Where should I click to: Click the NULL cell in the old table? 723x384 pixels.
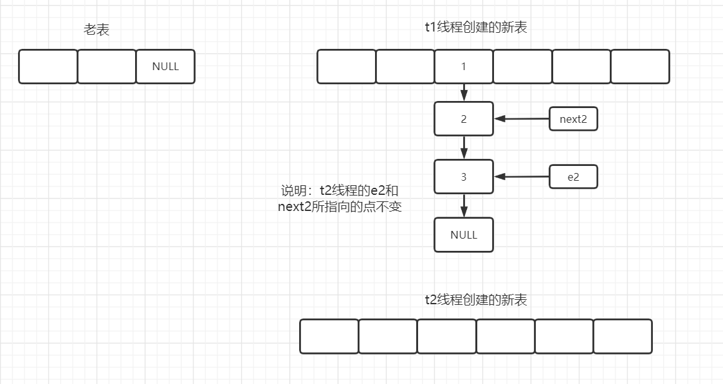(x=165, y=66)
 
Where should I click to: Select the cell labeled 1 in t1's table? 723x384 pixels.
(x=464, y=66)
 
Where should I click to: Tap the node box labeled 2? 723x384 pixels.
(x=464, y=119)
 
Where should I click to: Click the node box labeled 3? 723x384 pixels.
(x=464, y=177)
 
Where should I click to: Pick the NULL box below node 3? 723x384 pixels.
(x=464, y=235)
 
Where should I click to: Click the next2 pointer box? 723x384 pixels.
(x=573, y=119)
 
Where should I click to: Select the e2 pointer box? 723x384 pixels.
(x=573, y=177)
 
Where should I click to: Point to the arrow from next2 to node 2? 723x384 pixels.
(x=522, y=119)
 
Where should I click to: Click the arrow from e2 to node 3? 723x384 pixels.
(x=522, y=177)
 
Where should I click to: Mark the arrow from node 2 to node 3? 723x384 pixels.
(x=464, y=148)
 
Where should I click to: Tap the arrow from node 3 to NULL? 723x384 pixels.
(x=464, y=206)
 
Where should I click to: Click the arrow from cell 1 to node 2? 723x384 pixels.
(x=464, y=93)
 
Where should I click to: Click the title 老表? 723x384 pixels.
(x=96, y=30)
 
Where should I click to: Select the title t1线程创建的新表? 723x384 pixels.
(x=477, y=27)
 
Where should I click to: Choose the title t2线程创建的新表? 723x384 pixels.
(x=476, y=300)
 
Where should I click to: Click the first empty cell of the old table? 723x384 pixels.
(x=48, y=66)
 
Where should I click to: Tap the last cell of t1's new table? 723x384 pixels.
(x=640, y=66)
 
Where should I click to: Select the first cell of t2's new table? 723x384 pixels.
(x=329, y=336)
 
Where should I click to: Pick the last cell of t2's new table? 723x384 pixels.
(x=623, y=336)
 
